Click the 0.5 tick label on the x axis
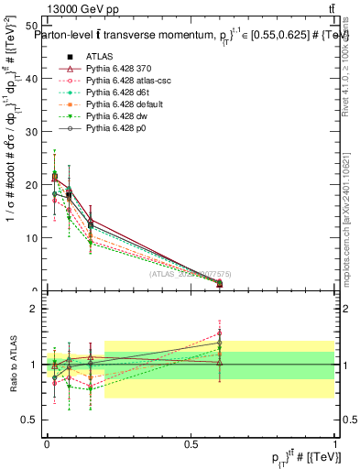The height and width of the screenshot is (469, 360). [191, 442]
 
